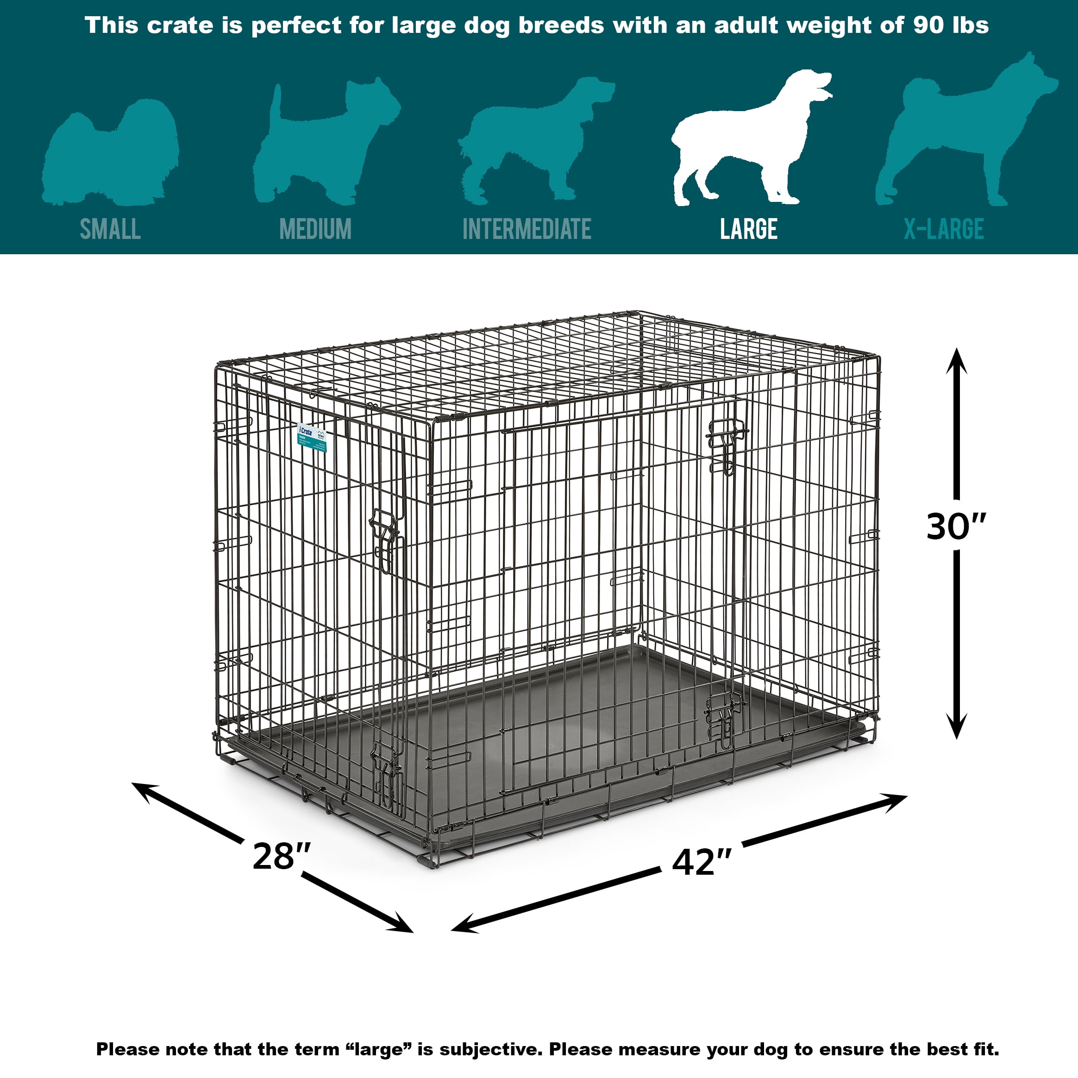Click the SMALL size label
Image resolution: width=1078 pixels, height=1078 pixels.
click(x=110, y=229)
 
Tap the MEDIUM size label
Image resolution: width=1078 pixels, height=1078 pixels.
click(x=315, y=229)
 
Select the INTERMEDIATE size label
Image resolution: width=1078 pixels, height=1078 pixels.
click(x=526, y=229)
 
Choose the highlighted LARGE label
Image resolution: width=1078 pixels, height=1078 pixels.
click(x=748, y=229)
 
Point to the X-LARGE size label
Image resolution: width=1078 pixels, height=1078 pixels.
click(x=944, y=229)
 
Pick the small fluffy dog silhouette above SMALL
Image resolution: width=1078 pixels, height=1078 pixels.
click(x=112, y=153)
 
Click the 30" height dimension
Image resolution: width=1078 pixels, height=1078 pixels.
click(x=956, y=526)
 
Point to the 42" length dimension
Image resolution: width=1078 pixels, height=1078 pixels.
click(x=701, y=862)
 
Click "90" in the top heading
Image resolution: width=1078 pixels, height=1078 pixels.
click(x=928, y=25)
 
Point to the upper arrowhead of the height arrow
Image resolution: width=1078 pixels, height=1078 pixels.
click(x=956, y=360)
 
